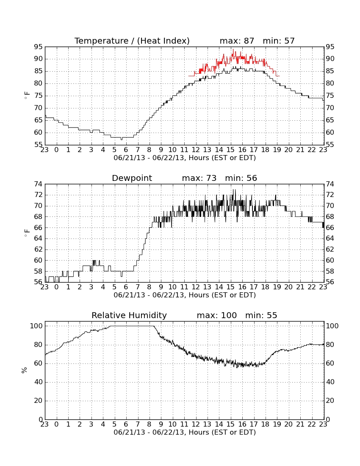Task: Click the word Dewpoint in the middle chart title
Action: point(132,178)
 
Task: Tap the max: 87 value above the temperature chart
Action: point(237,41)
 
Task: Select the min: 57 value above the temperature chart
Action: point(279,41)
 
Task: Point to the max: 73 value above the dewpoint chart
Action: point(199,178)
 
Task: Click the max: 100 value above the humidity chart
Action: point(217,315)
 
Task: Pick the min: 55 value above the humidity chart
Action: point(261,315)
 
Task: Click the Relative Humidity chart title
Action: point(129,316)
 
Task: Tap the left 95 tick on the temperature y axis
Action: point(38,47)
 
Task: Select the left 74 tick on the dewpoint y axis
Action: point(38,184)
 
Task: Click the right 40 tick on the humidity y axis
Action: point(330,382)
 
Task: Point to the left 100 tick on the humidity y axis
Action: point(36,326)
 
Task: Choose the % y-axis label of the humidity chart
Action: point(25,370)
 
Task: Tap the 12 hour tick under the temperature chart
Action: point(196,150)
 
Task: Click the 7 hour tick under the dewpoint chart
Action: point(138,287)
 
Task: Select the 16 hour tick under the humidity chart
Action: point(242,424)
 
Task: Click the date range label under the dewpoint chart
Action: point(185,295)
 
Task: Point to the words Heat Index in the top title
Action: point(163,41)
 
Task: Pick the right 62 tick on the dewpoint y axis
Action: point(330,250)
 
